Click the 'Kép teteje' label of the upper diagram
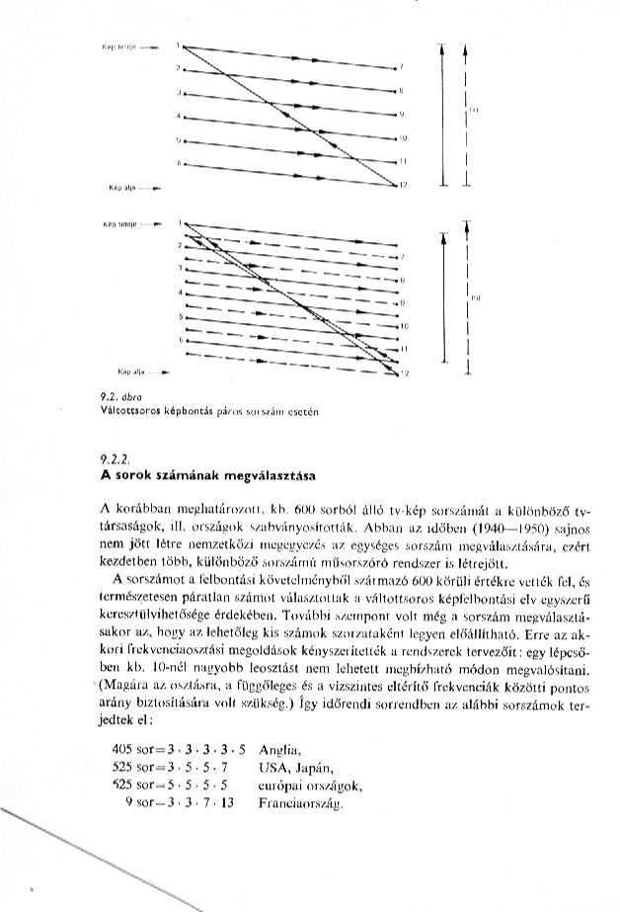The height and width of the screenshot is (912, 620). coord(118,46)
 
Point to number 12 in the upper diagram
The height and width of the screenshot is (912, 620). coord(403,185)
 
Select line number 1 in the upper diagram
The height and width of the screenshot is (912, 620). coord(179,44)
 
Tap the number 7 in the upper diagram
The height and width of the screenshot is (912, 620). coord(400,67)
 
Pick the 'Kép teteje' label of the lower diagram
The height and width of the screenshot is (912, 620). coord(119,224)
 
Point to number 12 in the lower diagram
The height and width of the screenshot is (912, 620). coord(403,373)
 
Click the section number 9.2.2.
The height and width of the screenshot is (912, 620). coord(116,460)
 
